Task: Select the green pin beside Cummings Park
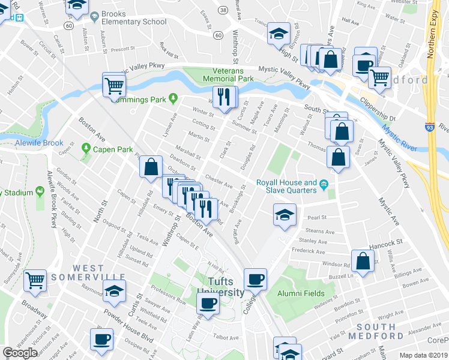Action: (173, 97)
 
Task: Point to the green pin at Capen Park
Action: (86, 148)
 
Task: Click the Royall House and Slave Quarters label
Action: (286, 186)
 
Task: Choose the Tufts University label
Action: (220, 287)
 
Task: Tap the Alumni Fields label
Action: (301, 294)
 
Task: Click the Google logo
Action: (20, 352)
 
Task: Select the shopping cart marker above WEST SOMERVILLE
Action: (35, 279)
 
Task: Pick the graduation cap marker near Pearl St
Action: (285, 215)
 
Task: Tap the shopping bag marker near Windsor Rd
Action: (363, 261)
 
